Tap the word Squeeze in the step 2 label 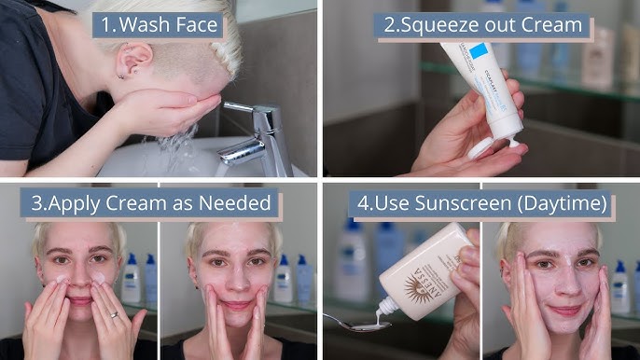(x=441, y=25)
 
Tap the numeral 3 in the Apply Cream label (x=35, y=202)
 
